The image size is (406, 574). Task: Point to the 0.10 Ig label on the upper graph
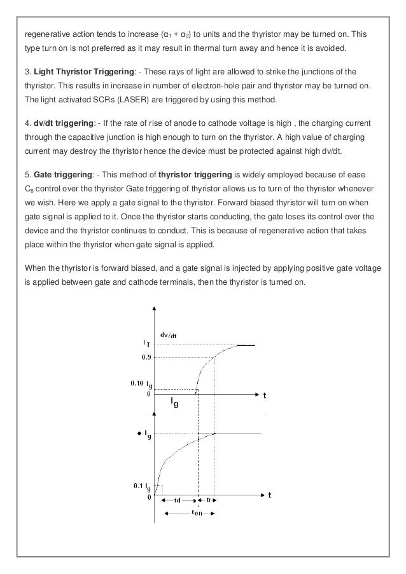click(141, 384)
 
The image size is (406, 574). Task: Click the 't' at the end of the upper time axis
click(265, 395)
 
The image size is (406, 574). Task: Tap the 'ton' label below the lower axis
click(197, 514)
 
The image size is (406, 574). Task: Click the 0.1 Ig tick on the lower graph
click(142, 486)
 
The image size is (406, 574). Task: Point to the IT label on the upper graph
click(146, 343)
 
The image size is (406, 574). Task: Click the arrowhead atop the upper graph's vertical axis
click(153, 308)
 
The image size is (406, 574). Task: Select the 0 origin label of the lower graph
click(149, 497)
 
